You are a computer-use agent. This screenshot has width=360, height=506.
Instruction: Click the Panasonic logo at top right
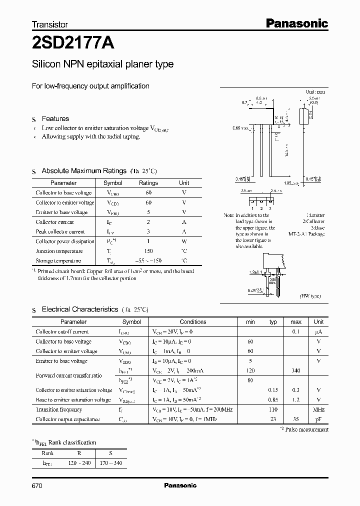click(296, 23)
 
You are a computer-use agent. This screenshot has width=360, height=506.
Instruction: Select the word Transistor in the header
click(49, 24)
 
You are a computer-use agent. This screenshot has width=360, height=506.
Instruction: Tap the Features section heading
click(55, 118)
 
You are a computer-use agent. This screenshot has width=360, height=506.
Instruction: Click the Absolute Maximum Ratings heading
click(83, 171)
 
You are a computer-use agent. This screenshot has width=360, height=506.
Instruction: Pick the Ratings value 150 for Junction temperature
click(148, 251)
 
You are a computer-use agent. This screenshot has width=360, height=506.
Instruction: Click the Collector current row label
click(54, 222)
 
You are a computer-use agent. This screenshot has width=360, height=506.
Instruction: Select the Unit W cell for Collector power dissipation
click(184, 241)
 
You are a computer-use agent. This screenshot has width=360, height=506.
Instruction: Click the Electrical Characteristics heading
click(79, 309)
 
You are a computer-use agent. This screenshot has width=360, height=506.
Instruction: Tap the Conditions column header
click(193, 322)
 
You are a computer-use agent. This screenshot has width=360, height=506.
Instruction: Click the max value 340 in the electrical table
click(296, 370)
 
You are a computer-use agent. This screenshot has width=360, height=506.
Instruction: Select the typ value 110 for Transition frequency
click(273, 409)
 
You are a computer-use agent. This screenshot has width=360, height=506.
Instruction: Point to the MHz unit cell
click(318, 409)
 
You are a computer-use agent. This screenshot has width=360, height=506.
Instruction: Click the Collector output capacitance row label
click(67, 419)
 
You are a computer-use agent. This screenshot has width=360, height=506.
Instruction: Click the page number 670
click(37, 485)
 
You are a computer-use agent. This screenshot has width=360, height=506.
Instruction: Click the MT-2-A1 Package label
click(306, 233)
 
